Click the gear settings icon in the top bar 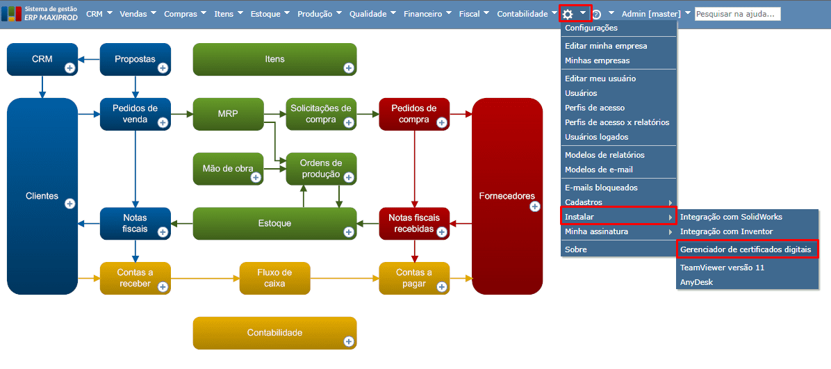click(x=568, y=14)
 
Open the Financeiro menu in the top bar click(x=422, y=14)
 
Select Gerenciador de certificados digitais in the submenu click(x=747, y=249)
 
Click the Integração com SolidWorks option click(x=731, y=217)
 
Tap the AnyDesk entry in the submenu click(x=696, y=282)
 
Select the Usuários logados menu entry click(x=596, y=137)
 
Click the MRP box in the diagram click(x=228, y=114)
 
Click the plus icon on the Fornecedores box click(x=534, y=206)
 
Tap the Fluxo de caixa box click(x=274, y=278)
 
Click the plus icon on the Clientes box click(x=69, y=204)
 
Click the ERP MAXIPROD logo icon click(x=12, y=14)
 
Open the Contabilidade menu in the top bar click(x=522, y=14)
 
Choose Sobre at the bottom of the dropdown click(x=576, y=249)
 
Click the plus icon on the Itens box click(x=348, y=68)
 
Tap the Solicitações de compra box click(x=320, y=114)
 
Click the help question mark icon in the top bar click(x=596, y=15)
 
